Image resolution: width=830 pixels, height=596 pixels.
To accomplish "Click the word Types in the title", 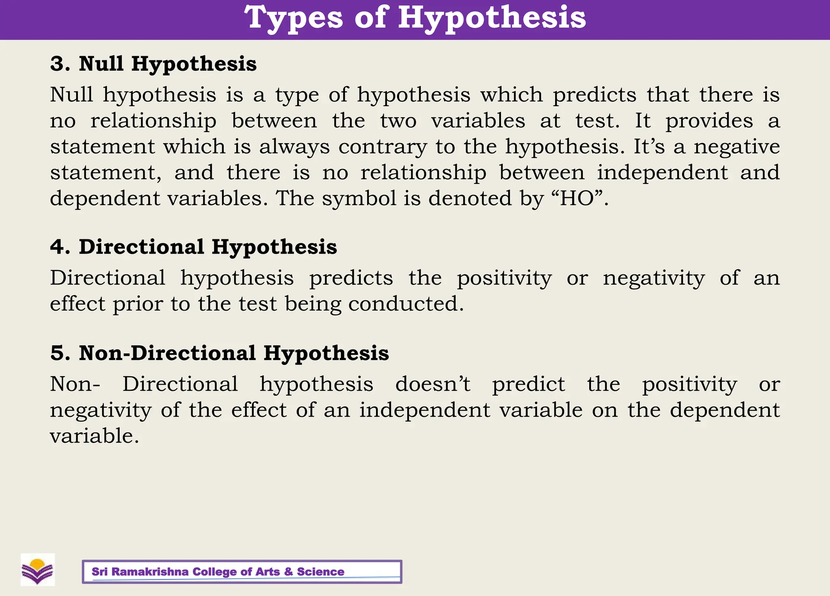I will click(x=293, y=18).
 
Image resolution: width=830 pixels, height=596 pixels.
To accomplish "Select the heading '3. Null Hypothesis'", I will click(x=153, y=64).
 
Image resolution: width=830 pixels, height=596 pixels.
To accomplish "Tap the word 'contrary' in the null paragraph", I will click(x=383, y=147).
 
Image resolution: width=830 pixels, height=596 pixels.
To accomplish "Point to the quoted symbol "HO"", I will click(x=580, y=198).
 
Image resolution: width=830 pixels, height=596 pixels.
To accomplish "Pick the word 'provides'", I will click(x=709, y=121).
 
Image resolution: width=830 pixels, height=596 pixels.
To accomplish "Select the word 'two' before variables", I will click(x=398, y=121).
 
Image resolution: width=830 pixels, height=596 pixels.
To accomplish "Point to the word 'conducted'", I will click(x=406, y=304).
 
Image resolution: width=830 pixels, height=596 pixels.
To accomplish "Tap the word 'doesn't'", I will click(x=432, y=384).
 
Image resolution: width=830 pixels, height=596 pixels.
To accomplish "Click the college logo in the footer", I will click(x=38, y=570).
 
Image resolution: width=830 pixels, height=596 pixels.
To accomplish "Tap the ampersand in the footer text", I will click(x=288, y=572).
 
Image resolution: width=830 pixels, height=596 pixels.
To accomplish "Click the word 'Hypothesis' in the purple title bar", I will click(x=492, y=18).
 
